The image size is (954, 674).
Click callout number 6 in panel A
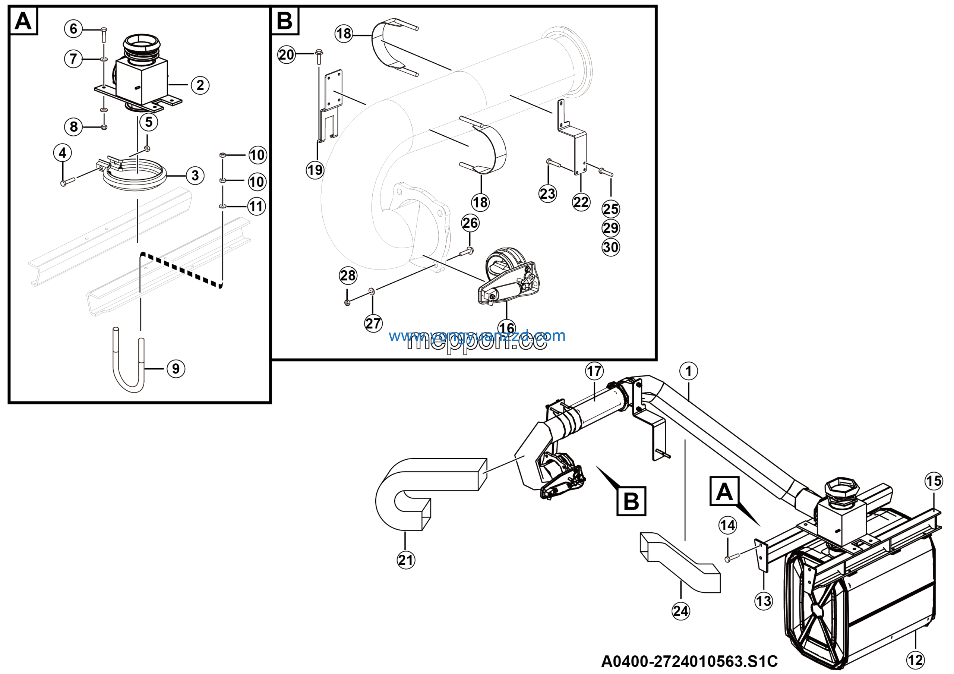click(x=73, y=29)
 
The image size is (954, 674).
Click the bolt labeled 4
click(x=67, y=182)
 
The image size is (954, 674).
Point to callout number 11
click(x=256, y=207)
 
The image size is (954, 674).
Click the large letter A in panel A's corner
click(x=23, y=21)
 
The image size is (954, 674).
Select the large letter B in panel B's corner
click(x=285, y=21)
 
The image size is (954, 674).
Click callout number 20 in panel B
click(x=286, y=55)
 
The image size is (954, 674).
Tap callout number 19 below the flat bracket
click(x=315, y=170)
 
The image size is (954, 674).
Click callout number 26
click(x=470, y=223)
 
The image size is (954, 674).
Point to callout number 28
click(x=348, y=275)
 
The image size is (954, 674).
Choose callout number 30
click(x=610, y=247)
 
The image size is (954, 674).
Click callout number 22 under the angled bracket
click(x=581, y=202)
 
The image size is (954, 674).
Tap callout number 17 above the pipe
click(x=594, y=371)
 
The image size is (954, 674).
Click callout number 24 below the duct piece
click(x=680, y=611)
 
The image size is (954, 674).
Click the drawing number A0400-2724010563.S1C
click(x=689, y=661)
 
